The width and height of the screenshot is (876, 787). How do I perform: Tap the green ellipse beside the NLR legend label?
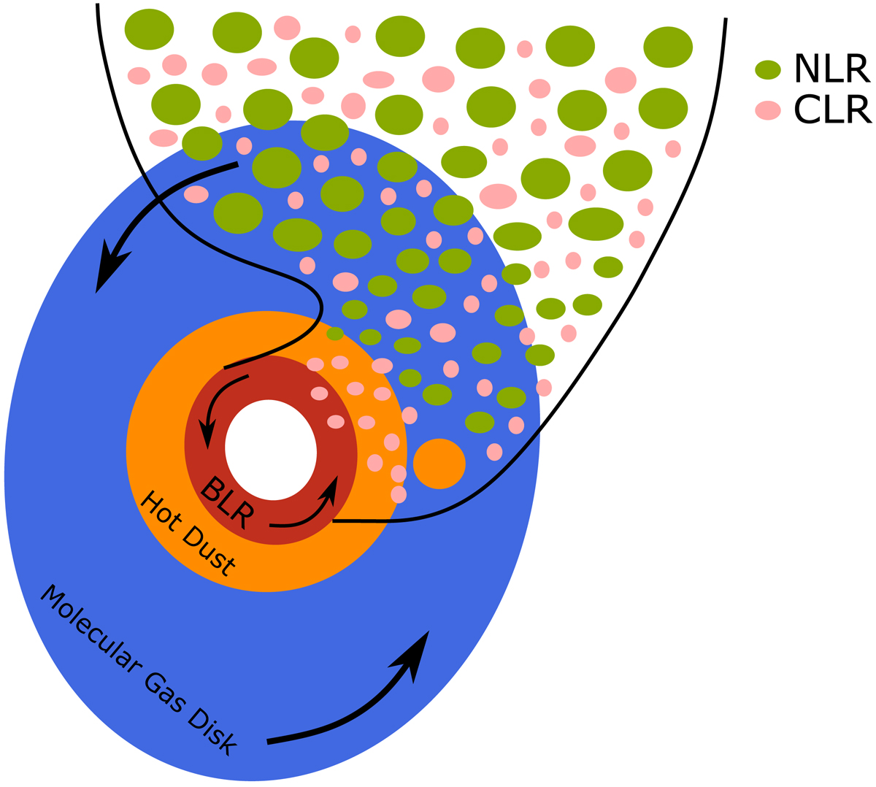[x=767, y=70]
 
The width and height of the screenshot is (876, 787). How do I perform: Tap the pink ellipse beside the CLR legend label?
[x=767, y=110]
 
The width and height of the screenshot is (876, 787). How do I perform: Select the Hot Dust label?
[x=188, y=534]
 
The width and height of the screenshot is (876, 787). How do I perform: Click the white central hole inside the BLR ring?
[x=271, y=450]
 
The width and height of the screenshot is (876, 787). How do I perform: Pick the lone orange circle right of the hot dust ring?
[x=439, y=464]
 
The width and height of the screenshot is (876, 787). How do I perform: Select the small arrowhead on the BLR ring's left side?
[x=208, y=435]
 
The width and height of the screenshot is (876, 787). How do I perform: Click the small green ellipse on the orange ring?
[x=334, y=334]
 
